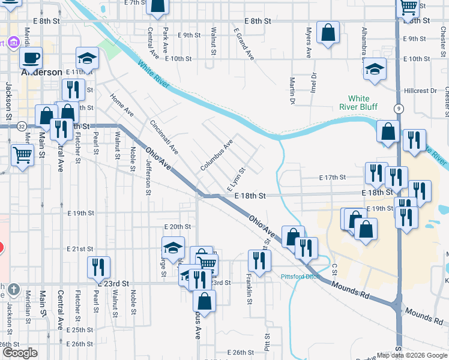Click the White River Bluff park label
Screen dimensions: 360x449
pos(359,102)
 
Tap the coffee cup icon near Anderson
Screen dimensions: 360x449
pos(31,58)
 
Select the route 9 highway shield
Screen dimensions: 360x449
pos(398,108)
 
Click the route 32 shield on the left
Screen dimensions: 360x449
pos(21,126)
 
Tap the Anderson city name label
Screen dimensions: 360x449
pos(42,72)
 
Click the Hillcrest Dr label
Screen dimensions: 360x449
pos(420,91)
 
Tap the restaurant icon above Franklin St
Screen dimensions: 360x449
pos(259,260)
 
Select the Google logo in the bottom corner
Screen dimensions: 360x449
pos(20,353)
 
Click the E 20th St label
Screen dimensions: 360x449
pos(177,227)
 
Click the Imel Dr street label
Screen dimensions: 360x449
pos(314,86)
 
